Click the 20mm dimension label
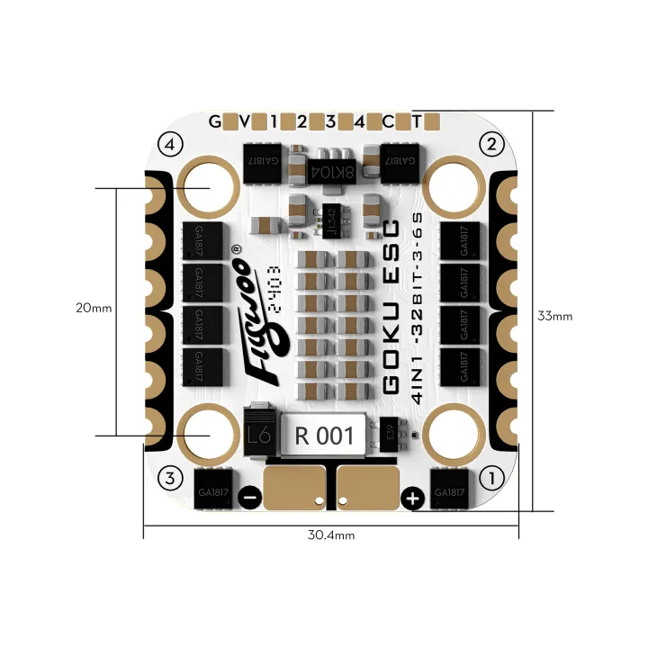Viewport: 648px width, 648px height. click(x=94, y=307)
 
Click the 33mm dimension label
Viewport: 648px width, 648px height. click(x=554, y=316)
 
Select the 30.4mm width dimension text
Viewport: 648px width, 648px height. click(x=331, y=535)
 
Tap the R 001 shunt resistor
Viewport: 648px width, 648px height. click(x=324, y=436)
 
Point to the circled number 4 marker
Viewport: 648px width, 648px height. click(x=170, y=143)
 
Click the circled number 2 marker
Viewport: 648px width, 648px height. click(x=490, y=143)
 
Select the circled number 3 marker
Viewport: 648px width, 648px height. click(x=170, y=477)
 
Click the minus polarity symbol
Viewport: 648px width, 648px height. click(x=253, y=497)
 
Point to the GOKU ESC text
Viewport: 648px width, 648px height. click(x=393, y=306)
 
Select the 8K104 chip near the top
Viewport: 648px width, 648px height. click(x=327, y=169)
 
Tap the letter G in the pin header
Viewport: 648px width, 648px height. click(x=214, y=121)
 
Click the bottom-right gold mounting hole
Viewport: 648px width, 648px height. click(x=452, y=434)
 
